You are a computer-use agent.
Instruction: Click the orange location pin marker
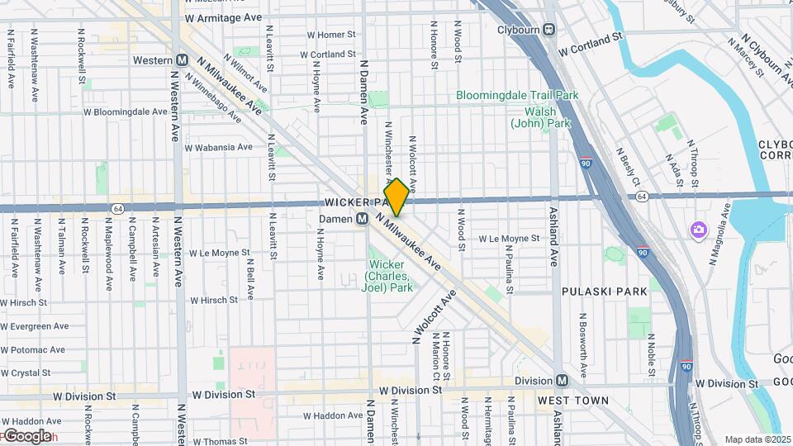point(396,197)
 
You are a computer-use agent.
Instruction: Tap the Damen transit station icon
point(362,219)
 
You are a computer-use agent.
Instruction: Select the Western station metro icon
point(183,60)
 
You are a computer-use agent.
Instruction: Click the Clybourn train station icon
point(548,30)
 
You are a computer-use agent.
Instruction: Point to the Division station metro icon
point(562,381)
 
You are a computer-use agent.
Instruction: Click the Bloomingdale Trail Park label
point(517,95)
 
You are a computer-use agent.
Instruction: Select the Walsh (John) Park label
point(540,117)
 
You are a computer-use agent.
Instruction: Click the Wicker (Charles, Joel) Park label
point(388,276)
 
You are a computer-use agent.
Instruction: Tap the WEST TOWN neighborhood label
point(572,401)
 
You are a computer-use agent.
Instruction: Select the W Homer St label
point(330,35)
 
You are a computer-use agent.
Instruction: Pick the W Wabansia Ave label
point(218,148)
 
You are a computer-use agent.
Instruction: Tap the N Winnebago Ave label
point(214,100)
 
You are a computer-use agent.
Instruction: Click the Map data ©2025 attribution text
point(757,439)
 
